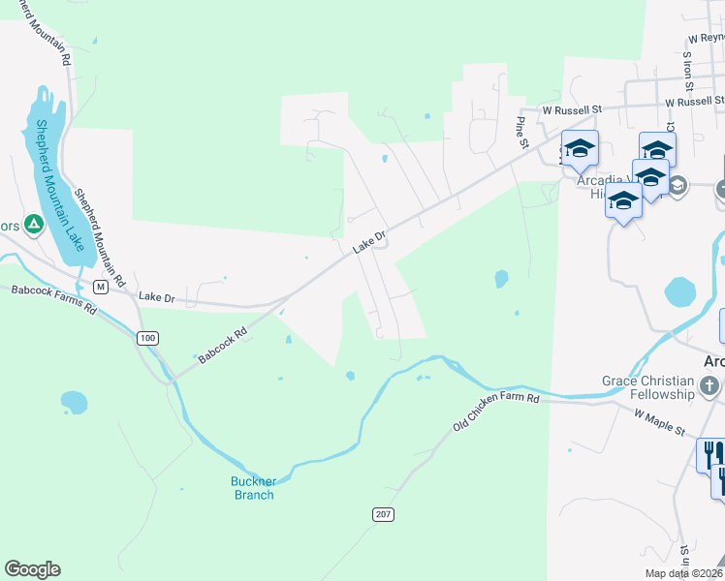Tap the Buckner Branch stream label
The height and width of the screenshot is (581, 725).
(x=252, y=488)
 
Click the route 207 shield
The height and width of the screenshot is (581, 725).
(x=383, y=514)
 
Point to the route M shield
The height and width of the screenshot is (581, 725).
(x=100, y=287)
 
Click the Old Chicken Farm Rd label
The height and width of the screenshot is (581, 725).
(x=495, y=413)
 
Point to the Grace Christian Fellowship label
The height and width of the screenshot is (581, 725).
(x=647, y=387)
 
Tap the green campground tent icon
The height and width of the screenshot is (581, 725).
(x=33, y=225)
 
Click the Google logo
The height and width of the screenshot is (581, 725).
(x=32, y=569)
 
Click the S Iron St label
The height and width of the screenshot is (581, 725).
(x=685, y=70)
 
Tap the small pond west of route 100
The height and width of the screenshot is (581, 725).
(x=74, y=401)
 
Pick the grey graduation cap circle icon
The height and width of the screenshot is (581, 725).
(x=677, y=185)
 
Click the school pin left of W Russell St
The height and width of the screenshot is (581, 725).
(x=580, y=148)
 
